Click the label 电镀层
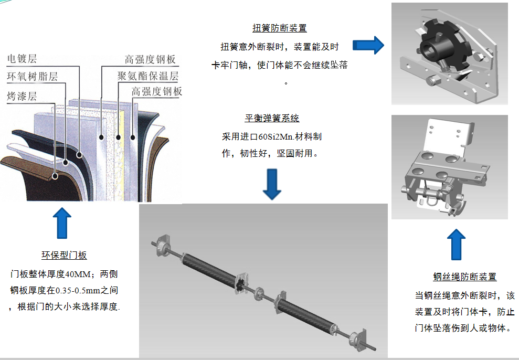pyautogui.click(x=22, y=59)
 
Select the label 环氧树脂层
pyautogui.click(x=32, y=77)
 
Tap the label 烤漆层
pyautogui.click(x=22, y=96)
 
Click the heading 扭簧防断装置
pyautogui.click(x=279, y=28)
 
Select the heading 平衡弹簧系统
pyautogui.click(x=272, y=118)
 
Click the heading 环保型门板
pyautogui.click(x=64, y=256)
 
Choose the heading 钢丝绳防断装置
pyautogui.click(x=464, y=277)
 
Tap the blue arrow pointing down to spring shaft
pyautogui.click(x=272, y=184)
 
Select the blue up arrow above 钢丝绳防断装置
pyautogui.click(x=456, y=244)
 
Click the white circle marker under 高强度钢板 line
pyautogui.click(x=100, y=137)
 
